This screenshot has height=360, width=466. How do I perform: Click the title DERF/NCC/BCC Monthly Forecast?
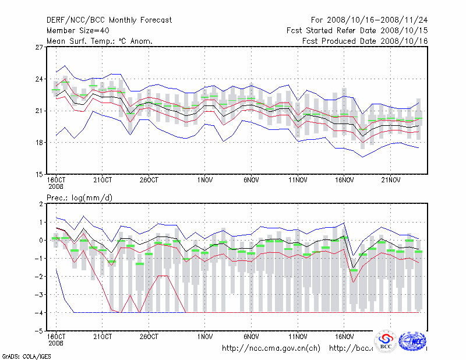[109, 20]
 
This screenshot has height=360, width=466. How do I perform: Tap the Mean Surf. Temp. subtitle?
[100, 41]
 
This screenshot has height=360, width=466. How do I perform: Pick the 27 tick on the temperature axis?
[40, 47]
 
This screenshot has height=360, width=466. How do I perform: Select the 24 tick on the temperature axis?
[40, 79]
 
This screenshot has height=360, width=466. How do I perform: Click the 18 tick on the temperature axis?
[40, 143]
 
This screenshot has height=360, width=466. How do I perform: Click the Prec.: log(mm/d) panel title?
[80, 198]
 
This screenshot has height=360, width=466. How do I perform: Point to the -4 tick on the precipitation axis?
[38, 313]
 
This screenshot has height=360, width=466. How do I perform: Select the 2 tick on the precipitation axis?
[41, 204]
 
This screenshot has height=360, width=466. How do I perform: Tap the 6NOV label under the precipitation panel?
[251, 336]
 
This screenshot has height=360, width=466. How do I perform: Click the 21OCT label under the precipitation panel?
[103, 336]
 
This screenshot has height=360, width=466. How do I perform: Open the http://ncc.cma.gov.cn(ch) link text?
[271, 348]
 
